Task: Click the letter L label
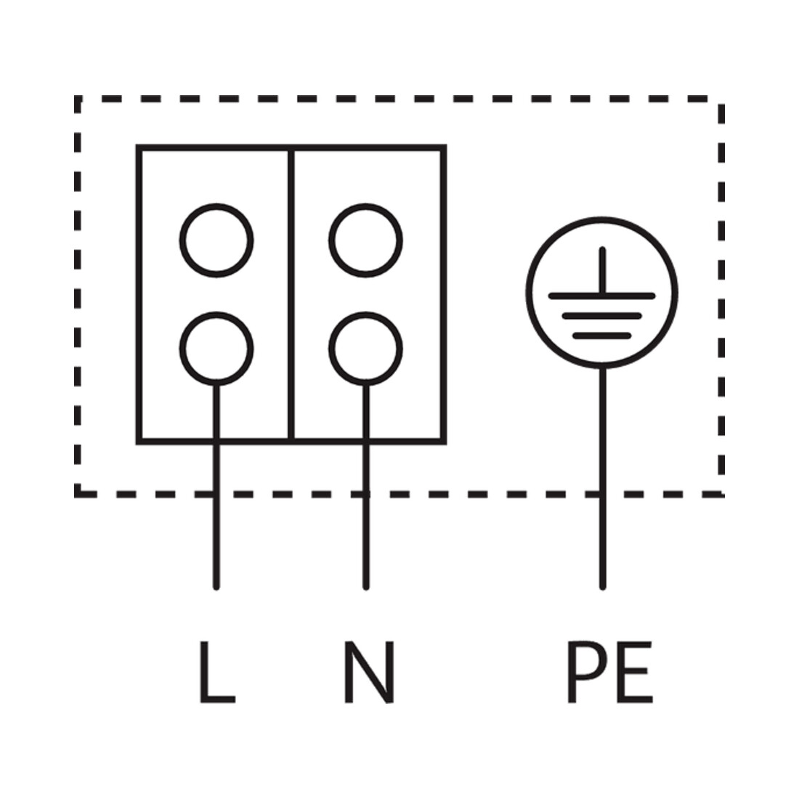coord(216,672)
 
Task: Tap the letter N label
coord(369,672)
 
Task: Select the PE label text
coord(610,672)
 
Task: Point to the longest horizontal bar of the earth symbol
coord(602,296)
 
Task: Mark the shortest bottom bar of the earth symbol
coord(602,336)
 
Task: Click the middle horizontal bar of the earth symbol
coord(602,316)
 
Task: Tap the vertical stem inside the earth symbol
coord(602,271)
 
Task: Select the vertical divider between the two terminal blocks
coord(291,294)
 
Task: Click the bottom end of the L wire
coord(216,588)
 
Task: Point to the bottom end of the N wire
coord(366,588)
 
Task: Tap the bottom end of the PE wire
coord(603,588)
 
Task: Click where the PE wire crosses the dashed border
coord(603,494)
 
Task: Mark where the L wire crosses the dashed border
coord(216,494)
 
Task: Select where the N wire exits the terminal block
coord(366,442)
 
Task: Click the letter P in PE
coord(586,672)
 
